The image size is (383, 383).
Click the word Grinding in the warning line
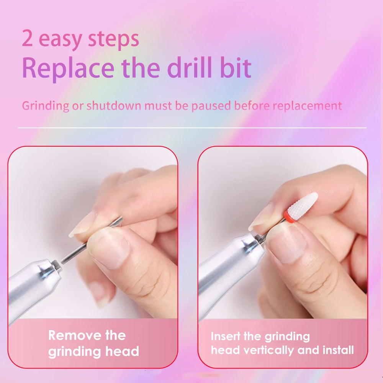46,106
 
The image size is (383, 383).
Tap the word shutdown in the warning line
114,105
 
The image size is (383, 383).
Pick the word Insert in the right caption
226,337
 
